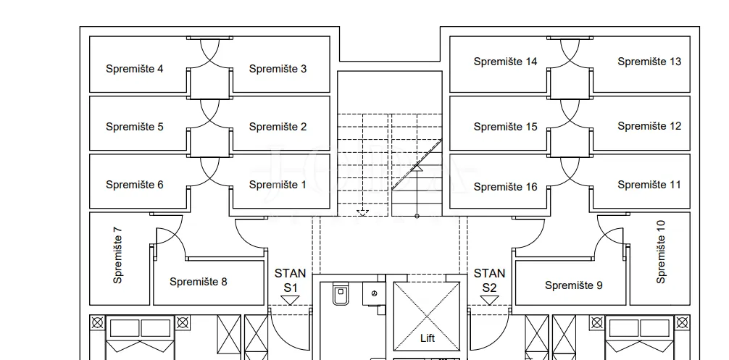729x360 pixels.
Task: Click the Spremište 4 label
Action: click(134, 69)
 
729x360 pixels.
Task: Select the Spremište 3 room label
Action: click(278, 69)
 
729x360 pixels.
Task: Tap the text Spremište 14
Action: click(505, 62)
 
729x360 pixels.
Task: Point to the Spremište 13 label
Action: click(649, 62)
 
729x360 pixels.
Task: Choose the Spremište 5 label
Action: click(134, 127)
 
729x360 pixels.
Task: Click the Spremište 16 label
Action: click(505, 187)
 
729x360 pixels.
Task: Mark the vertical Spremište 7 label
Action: click(117, 256)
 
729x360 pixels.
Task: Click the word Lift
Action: click(428, 338)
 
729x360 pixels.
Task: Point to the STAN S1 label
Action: click(290, 280)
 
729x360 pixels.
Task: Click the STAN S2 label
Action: click(489, 280)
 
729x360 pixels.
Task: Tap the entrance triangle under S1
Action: click(290, 301)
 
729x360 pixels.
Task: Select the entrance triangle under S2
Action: click(489, 301)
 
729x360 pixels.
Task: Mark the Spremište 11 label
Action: click(649, 185)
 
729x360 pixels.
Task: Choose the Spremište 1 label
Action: click(278, 185)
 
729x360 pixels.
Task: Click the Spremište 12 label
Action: click(649, 126)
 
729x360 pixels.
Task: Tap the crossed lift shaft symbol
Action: click(427, 317)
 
